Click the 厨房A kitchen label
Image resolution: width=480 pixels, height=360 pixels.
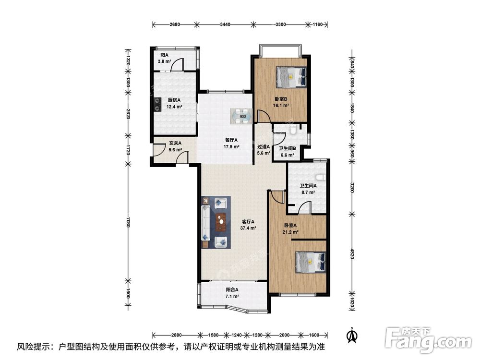point(174,100)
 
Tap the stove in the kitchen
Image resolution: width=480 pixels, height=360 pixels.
point(157,104)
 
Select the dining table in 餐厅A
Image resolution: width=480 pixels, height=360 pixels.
point(241,116)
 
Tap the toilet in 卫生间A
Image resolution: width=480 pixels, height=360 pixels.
point(321,178)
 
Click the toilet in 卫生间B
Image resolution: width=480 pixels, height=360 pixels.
point(293,130)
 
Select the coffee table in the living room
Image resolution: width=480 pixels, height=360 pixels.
point(221,222)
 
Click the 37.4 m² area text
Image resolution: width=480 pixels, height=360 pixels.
point(248,228)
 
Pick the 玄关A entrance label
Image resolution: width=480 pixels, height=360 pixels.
point(175,143)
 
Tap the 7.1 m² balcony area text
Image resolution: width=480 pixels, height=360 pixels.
point(232,296)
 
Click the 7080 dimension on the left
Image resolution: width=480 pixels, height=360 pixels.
point(128,221)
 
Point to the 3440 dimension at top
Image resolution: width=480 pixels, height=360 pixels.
point(225,24)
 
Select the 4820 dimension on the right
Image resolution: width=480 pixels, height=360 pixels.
point(352,253)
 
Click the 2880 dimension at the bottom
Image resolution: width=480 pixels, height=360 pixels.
point(176,335)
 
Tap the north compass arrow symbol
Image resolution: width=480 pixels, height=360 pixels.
point(352,336)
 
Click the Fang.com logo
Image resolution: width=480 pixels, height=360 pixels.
point(429,341)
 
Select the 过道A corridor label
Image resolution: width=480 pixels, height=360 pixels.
point(263,146)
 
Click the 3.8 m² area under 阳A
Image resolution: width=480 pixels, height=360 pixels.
point(164,61)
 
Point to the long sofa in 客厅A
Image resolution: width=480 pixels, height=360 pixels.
point(205,223)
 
